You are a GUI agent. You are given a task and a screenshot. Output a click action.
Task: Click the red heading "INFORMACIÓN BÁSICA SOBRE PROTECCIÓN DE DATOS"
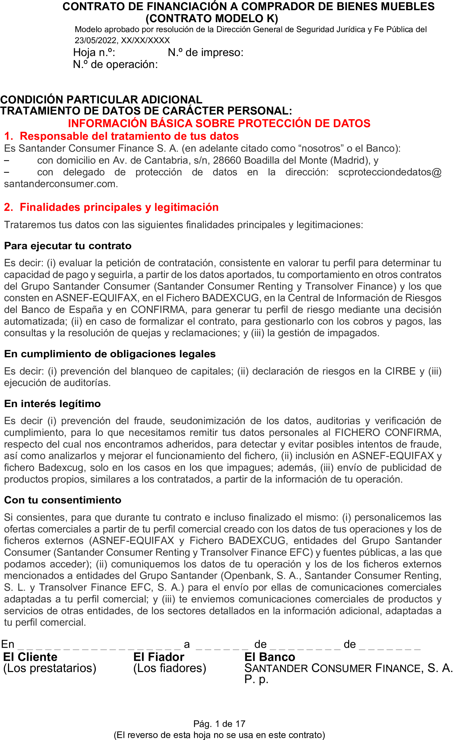click(219, 123)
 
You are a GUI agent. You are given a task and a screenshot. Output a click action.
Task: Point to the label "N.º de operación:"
click(115, 65)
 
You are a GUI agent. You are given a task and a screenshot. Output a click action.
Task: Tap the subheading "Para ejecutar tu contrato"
click(68, 246)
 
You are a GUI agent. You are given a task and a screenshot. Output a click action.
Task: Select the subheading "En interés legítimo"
click(52, 404)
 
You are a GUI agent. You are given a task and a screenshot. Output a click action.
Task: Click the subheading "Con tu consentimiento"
click(63, 500)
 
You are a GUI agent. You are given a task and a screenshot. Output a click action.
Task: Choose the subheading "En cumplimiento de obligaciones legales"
click(110, 354)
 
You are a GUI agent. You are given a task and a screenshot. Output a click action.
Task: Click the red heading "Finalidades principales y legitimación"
click(119, 207)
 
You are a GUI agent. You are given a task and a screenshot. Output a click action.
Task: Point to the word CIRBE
click(400, 371)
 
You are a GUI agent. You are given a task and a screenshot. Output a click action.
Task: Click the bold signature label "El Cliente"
click(30, 657)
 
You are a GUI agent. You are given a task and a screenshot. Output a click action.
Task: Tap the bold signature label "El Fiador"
click(158, 657)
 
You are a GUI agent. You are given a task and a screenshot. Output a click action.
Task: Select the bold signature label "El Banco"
click(270, 657)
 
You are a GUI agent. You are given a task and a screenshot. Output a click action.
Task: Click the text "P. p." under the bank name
click(256, 679)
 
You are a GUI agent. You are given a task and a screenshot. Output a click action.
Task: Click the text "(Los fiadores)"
click(169, 668)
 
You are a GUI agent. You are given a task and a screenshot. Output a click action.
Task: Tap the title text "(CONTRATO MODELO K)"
click(212, 19)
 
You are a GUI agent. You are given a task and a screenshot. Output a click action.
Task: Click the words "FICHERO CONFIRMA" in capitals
click(388, 432)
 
